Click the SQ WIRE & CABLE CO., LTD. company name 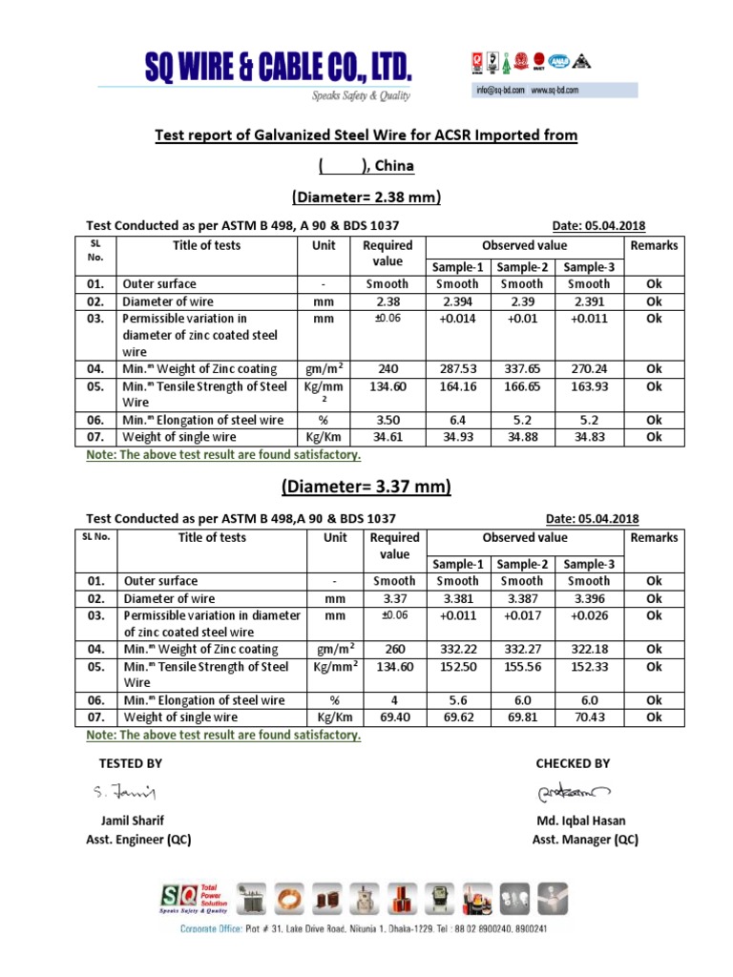tap(278, 69)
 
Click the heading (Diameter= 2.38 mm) tap(366, 197)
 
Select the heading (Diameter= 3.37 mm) tap(366, 487)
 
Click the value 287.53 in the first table tap(457, 368)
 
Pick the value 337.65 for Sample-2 tap(522, 368)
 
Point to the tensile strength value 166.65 tap(522, 386)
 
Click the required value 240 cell tap(387, 368)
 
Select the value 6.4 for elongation tap(457, 420)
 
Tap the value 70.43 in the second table tap(588, 717)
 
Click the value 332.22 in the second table tap(457, 649)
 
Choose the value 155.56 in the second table tap(522, 667)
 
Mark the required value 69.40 tap(394, 717)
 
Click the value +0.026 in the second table tap(588, 615)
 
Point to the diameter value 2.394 tap(457, 301)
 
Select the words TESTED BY tap(131, 763)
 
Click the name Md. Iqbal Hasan tap(582, 821)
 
